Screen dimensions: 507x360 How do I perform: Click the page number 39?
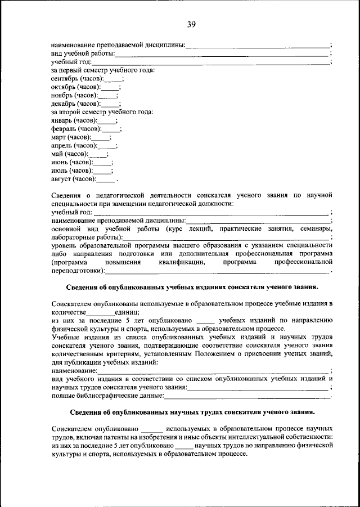(x=191, y=24)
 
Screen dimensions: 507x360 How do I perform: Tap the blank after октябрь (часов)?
(x=110, y=87)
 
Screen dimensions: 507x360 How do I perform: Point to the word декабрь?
(x=64, y=104)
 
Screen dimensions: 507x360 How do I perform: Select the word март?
(x=58, y=137)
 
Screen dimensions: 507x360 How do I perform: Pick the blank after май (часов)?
(x=97, y=154)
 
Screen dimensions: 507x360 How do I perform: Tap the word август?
(x=61, y=179)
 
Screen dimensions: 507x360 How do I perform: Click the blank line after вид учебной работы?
(x=222, y=54)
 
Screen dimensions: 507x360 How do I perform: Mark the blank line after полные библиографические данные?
(x=247, y=396)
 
